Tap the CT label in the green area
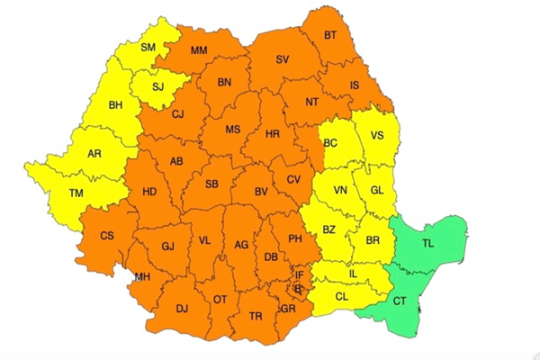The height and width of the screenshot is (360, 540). tap(400, 298)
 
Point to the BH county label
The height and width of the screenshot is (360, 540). tap(115, 106)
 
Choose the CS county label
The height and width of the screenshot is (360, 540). tap(106, 237)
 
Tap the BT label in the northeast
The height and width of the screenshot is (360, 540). tap(330, 36)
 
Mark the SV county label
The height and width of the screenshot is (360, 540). tap(283, 60)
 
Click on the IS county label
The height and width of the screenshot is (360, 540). tap(354, 85)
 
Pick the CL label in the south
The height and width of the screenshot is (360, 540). tap(342, 296)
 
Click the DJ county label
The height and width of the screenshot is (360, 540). tap(182, 309)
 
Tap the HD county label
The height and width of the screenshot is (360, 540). tap(149, 192)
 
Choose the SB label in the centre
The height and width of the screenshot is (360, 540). tap(212, 184)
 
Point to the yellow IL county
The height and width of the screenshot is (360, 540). tap(354, 274)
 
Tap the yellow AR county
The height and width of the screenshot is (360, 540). tap(94, 154)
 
